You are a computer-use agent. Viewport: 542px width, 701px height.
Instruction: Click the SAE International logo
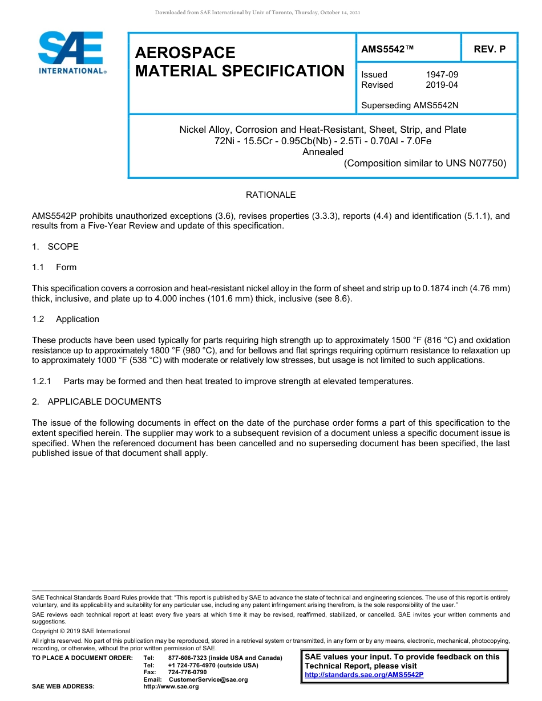[x=71, y=52]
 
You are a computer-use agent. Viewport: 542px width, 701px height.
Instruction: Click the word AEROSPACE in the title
[x=185, y=52]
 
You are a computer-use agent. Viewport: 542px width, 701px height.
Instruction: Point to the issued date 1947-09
[x=442, y=75]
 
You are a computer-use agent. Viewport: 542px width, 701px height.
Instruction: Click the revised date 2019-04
[x=442, y=85]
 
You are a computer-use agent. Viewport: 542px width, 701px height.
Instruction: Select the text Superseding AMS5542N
[x=410, y=105]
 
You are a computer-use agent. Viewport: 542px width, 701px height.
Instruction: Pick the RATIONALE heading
[x=270, y=195]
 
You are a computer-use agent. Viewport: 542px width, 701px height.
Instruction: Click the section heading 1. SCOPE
[x=55, y=247]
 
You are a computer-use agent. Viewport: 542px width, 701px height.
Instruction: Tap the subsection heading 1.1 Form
[x=55, y=267]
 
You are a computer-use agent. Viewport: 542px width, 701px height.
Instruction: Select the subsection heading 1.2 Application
[x=66, y=319]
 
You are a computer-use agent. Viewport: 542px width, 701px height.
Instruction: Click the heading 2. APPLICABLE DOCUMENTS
[x=97, y=402]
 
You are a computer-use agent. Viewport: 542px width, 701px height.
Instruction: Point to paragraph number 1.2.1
[x=42, y=381]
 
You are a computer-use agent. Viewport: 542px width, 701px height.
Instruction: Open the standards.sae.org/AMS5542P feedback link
[x=364, y=675]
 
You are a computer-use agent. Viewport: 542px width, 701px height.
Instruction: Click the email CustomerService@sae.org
[x=208, y=679]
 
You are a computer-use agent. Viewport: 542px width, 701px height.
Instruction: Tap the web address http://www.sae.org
[x=171, y=687]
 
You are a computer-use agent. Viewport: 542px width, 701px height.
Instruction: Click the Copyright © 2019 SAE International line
[x=81, y=631]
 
